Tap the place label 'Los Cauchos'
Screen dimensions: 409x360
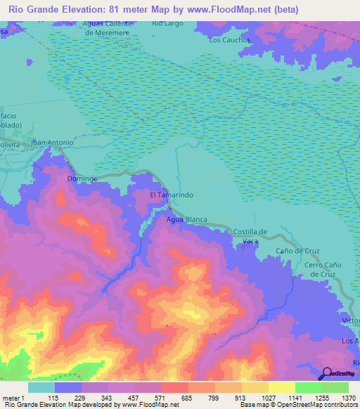click(x=230, y=40)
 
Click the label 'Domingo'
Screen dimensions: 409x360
click(x=82, y=179)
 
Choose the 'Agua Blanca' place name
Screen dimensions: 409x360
click(x=186, y=220)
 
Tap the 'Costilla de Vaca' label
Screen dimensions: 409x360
click(x=250, y=236)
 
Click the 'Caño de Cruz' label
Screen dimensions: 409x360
click(x=299, y=251)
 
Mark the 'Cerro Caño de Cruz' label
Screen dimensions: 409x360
click(x=323, y=269)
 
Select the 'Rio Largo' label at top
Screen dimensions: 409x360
click(x=167, y=24)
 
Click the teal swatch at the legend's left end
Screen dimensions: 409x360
click(x=41, y=387)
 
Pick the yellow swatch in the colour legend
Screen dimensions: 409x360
click(x=281, y=387)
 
